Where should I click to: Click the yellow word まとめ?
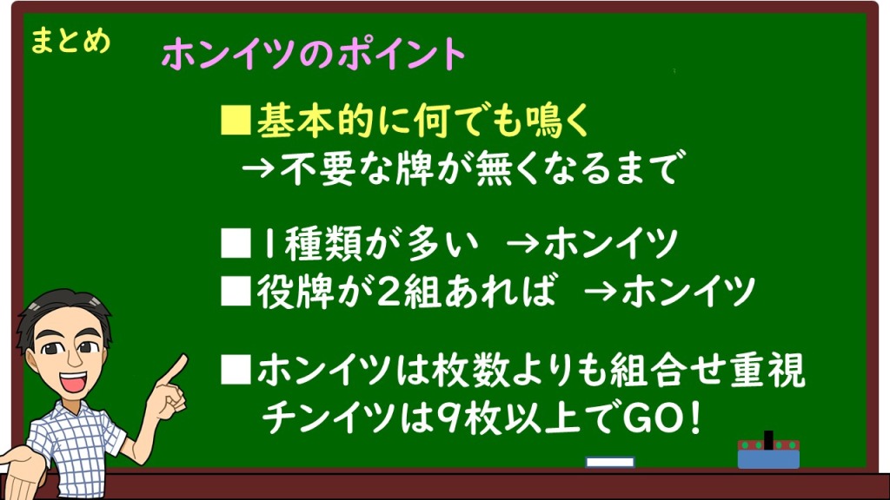[x=70, y=42]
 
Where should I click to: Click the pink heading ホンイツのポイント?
[x=314, y=55]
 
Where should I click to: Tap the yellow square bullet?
[x=236, y=120]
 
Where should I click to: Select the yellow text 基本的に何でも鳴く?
[x=423, y=121]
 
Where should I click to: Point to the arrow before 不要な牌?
[x=259, y=168]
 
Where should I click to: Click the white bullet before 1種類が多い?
[x=236, y=244]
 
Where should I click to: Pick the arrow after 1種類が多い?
[x=522, y=244]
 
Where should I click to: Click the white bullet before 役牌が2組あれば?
[x=236, y=292]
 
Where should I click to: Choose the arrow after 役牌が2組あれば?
[x=600, y=292]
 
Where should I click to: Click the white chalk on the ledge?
[x=609, y=462]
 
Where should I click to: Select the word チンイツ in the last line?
[x=328, y=419]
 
